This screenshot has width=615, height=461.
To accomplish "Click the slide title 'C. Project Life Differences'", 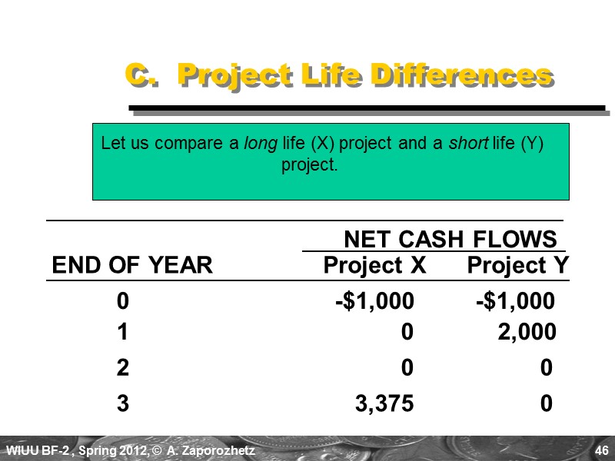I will [338, 76].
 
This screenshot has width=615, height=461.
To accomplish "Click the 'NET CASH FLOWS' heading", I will [450, 239].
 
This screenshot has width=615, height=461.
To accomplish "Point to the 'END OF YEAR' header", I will [131, 266].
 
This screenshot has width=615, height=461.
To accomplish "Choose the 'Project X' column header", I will [374, 266].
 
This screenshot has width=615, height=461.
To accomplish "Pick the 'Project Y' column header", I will [518, 266].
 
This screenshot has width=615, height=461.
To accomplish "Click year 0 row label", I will [123, 302].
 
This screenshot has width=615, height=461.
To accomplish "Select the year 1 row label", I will [123, 332].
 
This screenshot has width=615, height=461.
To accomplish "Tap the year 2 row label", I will [123, 368].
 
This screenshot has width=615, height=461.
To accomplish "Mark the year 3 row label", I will [123, 404].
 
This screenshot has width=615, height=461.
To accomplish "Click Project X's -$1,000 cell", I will [374, 302].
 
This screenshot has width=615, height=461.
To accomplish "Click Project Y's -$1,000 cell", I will [515, 302].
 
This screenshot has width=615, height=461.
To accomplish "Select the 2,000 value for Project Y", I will [526, 332].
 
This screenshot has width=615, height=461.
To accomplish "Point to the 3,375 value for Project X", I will [384, 404].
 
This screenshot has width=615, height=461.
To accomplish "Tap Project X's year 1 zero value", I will [407, 332].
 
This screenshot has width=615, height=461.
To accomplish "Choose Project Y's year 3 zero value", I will [546, 404].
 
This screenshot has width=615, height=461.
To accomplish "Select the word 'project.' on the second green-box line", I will [310, 165].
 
